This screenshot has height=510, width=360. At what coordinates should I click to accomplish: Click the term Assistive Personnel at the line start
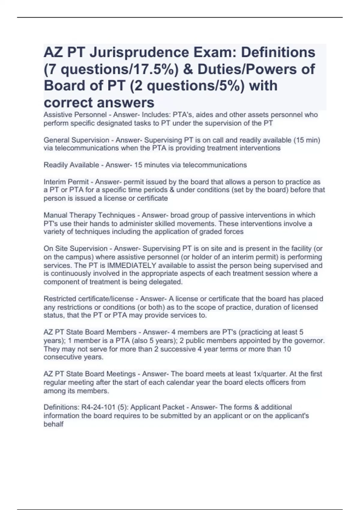click(75, 115)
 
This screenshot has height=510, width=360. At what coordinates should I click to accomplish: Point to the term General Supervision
click(76, 140)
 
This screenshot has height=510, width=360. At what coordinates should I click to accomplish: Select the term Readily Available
click(71, 165)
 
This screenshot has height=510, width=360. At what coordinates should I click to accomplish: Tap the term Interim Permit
click(66, 182)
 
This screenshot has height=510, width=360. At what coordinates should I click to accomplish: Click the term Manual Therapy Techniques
click(89, 215)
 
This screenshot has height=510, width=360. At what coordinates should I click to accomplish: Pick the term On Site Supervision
click(75, 248)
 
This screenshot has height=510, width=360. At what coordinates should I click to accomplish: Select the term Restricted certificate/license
click(88, 299)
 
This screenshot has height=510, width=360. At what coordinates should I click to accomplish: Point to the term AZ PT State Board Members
click(90, 332)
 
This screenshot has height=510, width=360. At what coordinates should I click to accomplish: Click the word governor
click(311, 341)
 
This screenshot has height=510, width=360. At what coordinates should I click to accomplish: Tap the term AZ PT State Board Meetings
click(90, 374)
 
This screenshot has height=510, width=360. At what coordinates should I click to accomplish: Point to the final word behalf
click(53, 424)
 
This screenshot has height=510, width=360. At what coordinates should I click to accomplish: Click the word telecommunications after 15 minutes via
click(215, 165)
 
